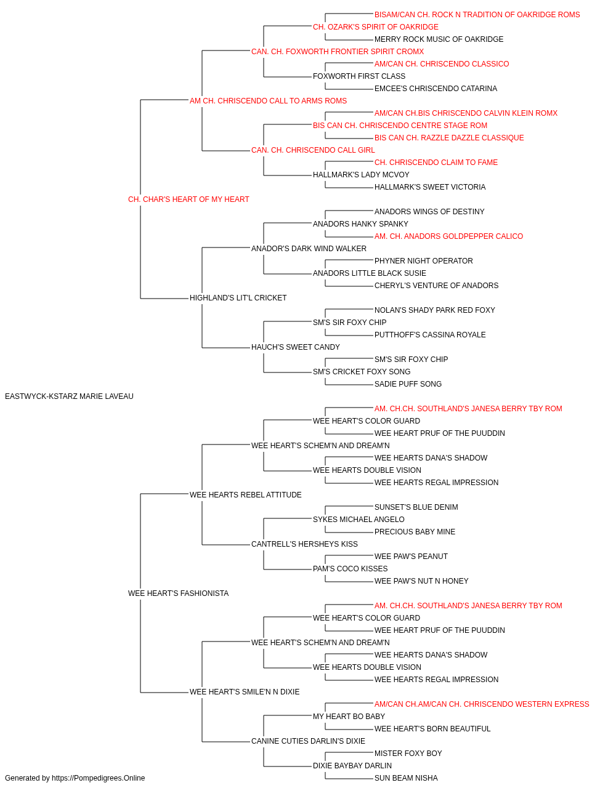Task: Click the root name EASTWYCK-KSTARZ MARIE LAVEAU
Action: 69,396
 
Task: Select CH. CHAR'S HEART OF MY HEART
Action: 188,199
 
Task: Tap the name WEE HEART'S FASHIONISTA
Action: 178,593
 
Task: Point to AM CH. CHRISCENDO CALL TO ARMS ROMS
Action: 268,101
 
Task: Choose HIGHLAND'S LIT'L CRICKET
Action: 238,298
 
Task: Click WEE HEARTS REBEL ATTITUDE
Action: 246,494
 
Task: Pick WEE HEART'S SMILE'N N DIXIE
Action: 245,691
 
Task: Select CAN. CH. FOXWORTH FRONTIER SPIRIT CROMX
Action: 338,52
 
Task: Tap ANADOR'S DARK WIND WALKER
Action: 309,248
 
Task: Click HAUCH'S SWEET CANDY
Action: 295,347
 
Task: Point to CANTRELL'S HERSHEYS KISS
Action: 304,544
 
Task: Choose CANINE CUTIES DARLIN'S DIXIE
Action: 308,741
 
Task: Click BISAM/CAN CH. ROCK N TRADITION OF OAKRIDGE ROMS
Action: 477,15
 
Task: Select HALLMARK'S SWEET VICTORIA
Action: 430,187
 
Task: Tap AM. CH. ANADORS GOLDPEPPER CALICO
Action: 449,236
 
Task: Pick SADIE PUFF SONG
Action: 408,384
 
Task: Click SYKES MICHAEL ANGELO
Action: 359,520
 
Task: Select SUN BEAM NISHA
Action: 406,778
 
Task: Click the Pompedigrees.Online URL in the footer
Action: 98,778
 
